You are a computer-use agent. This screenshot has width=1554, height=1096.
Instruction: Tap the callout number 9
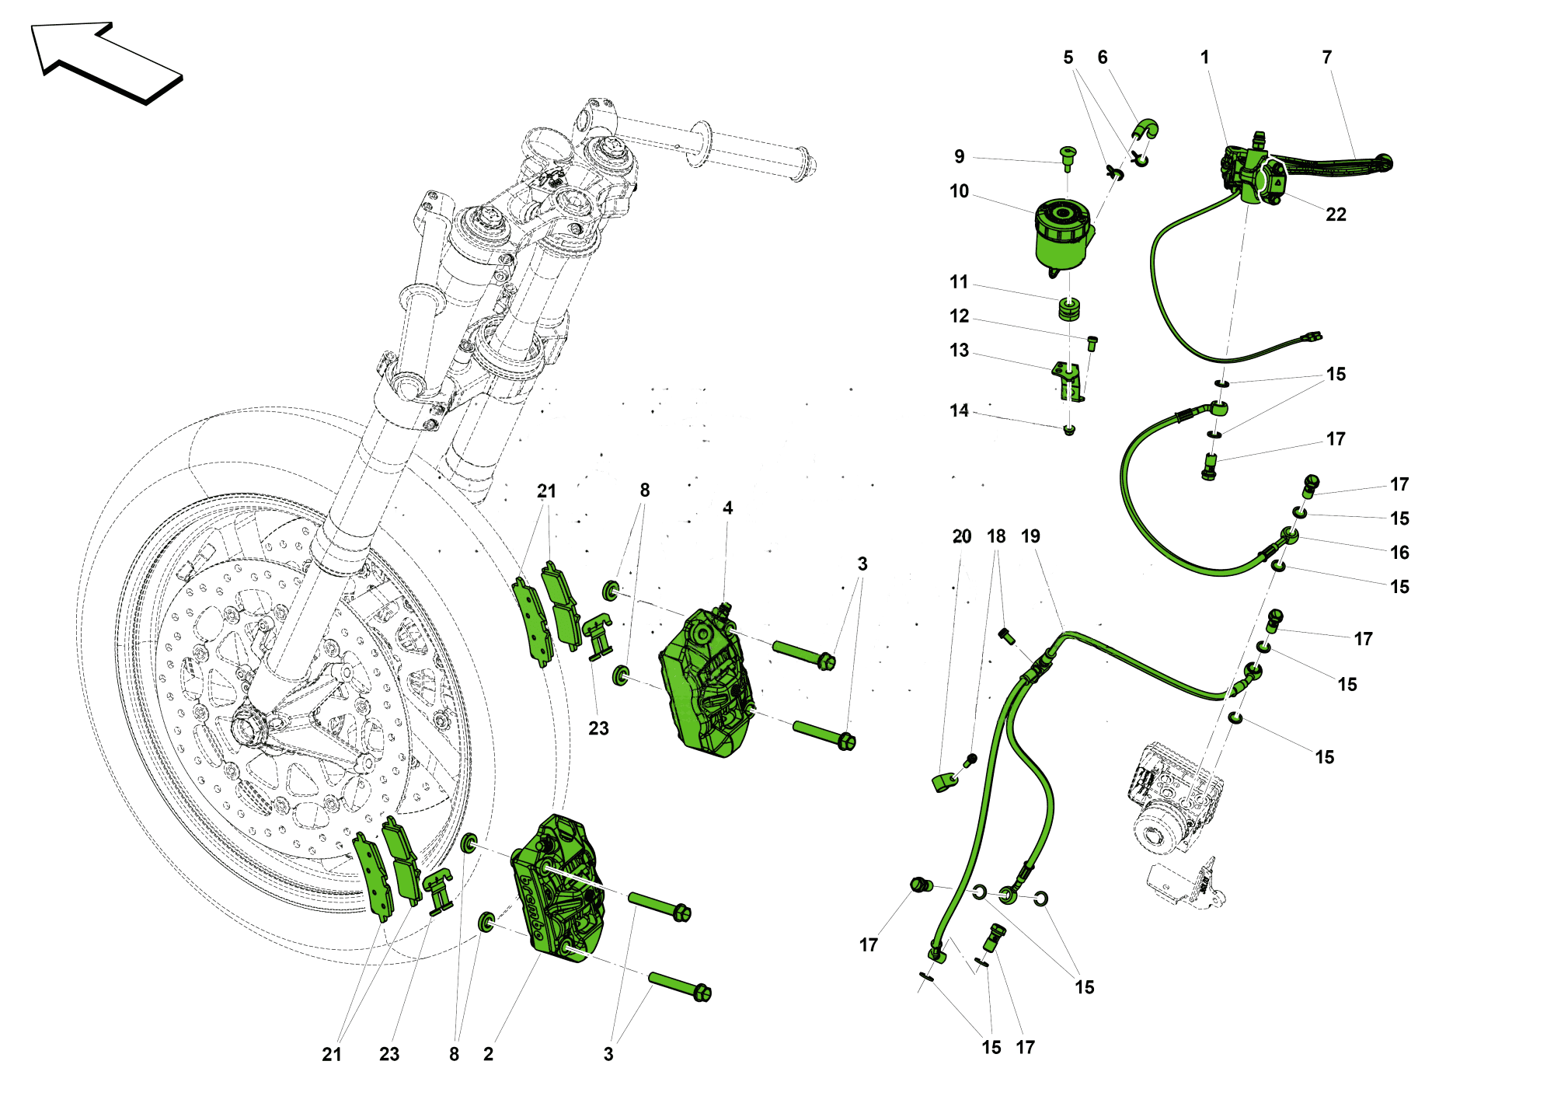point(960,157)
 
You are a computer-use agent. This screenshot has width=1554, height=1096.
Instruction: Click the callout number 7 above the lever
point(1327,58)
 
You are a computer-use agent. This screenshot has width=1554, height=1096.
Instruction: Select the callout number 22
point(1336,215)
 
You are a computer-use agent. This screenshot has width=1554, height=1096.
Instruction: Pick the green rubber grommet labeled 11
point(1070,309)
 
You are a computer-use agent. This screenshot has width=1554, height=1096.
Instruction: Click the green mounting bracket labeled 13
point(1068,380)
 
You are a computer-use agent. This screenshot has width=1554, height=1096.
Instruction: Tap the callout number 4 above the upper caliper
point(727,508)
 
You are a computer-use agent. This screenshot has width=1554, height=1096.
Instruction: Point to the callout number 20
point(962,536)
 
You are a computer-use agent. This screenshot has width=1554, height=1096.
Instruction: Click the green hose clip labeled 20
point(943,780)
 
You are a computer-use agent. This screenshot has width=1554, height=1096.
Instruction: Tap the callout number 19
point(1030,536)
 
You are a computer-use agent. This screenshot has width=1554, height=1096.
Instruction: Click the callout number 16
point(1399,553)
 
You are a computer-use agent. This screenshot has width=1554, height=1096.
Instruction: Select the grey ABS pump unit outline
point(1173,801)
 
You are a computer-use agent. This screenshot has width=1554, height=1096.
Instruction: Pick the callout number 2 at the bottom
point(488,1054)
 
